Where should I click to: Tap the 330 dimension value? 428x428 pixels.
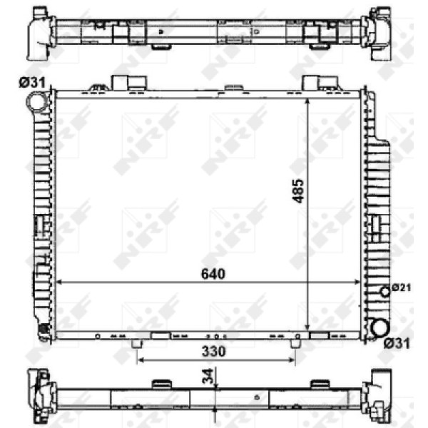pyautogui.click(x=214, y=351)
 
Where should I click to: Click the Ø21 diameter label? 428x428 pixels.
pyautogui.click(x=402, y=287)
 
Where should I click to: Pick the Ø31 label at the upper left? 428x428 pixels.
pyautogui.click(x=32, y=83)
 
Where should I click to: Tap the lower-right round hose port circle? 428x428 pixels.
pyautogui.click(x=379, y=328)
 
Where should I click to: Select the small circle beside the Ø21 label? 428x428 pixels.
pyautogui.click(x=386, y=290)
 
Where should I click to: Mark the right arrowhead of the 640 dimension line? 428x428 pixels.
pyautogui.click(x=361, y=282)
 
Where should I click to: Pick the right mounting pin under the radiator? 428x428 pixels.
pyautogui.click(x=295, y=344)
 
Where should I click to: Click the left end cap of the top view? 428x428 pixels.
pyautogui.click(x=37, y=32)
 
